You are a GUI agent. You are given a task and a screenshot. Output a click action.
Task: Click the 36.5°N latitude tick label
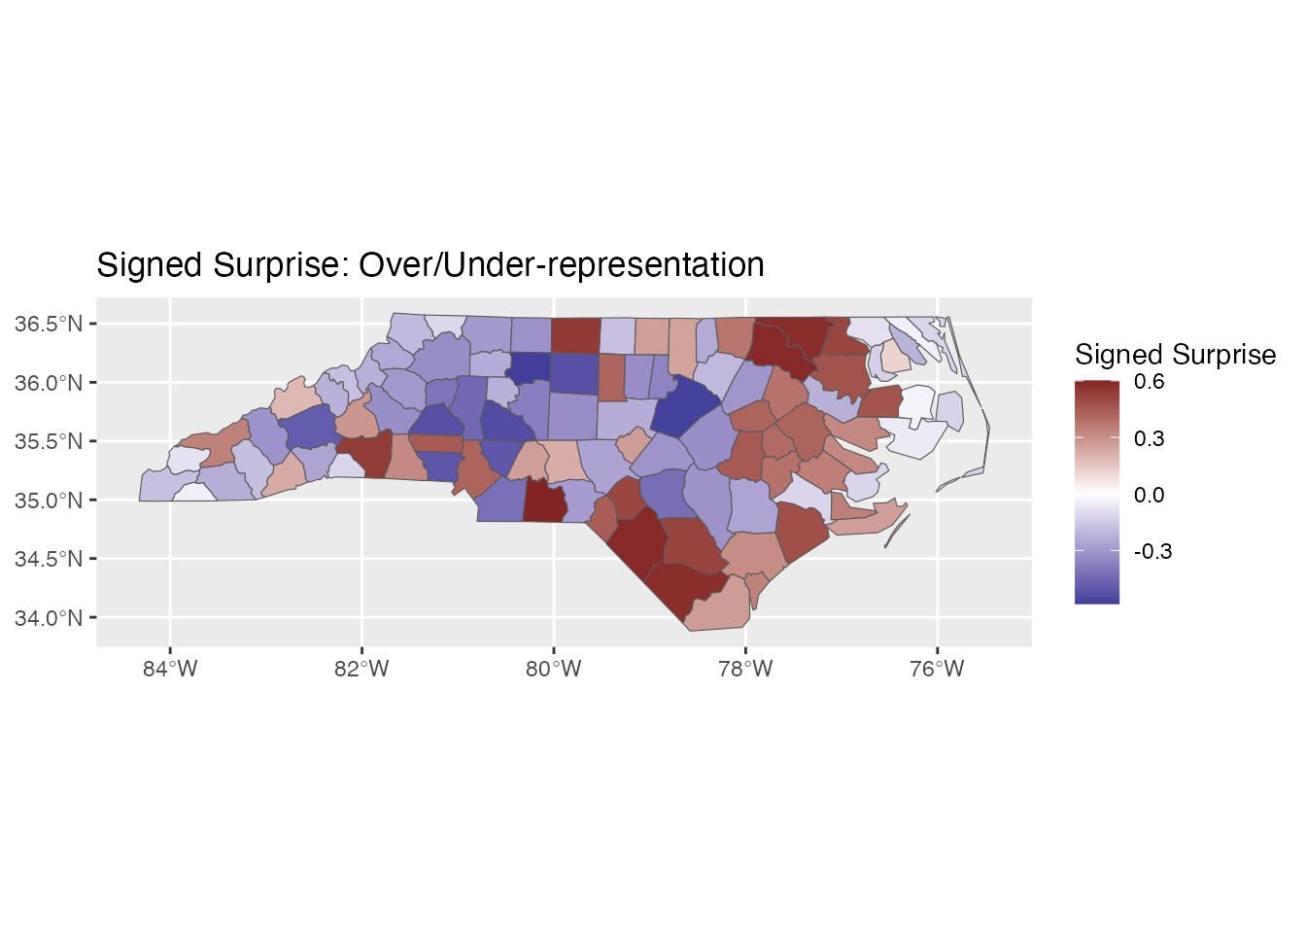[x=48, y=324]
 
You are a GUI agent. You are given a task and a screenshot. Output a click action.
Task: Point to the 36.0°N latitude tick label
[x=48, y=383]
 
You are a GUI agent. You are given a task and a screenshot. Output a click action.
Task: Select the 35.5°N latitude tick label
[x=48, y=441]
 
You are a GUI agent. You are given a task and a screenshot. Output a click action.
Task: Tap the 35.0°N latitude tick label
[x=48, y=501]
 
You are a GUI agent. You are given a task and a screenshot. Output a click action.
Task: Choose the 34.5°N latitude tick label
[x=48, y=559]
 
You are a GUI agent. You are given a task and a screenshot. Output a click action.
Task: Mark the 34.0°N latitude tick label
[x=48, y=618]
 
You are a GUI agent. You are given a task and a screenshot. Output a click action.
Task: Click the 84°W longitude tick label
[x=170, y=669]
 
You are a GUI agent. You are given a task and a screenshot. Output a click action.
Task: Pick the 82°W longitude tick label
[x=361, y=669]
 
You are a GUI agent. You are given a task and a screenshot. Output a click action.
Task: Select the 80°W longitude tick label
[x=554, y=669]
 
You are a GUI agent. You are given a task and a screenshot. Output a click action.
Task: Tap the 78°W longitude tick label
[x=745, y=669]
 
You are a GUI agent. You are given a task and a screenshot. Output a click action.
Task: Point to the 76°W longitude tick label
[x=937, y=669]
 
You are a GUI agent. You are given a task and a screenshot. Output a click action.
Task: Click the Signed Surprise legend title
[x=1175, y=354]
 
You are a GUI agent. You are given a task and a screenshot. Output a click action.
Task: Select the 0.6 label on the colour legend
[x=1149, y=382]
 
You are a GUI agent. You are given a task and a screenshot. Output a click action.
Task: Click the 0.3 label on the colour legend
[x=1149, y=438]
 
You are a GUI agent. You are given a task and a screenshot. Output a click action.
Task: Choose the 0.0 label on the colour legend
[x=1149, y=495]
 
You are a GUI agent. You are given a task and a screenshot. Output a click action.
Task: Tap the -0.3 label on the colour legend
[x=1152, y=551]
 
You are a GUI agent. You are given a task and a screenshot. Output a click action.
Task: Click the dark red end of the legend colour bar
[x=1097, y=386]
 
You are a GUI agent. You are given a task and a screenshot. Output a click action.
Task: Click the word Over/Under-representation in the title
[x=562, y=264]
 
